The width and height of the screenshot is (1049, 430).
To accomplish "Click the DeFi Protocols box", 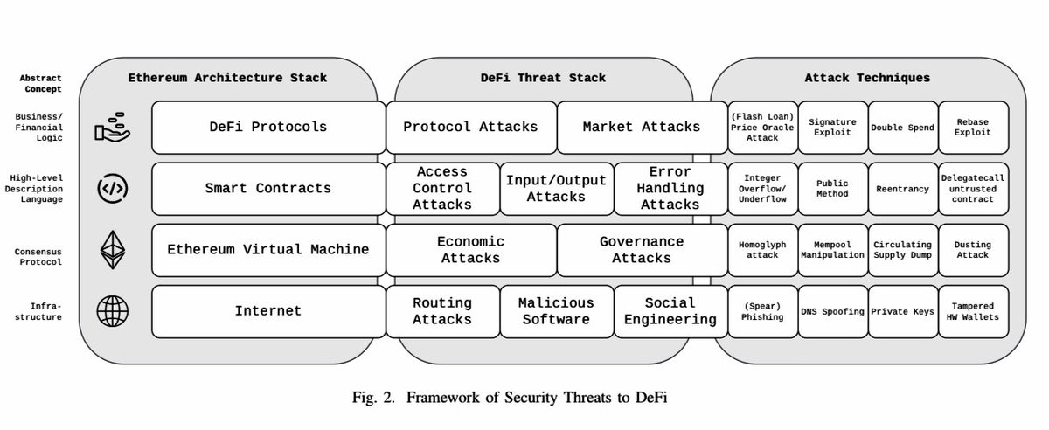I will [x=268, y=127].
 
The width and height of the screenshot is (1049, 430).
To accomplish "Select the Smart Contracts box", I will [x=268, y=188].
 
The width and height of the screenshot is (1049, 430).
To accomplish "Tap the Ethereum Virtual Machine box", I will [x=268, y=249].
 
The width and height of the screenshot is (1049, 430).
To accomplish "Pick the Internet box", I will [x=268, y=310].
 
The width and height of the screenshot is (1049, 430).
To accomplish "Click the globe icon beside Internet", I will [x=113, y=310].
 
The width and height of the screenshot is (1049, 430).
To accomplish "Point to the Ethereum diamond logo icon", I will [x=113, y=249].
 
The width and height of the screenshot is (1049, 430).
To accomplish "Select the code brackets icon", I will [x=113, y=188].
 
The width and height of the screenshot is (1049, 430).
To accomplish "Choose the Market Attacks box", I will [x=641, y=127].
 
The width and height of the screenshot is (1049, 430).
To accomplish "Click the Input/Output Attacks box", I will [x=556, y=188].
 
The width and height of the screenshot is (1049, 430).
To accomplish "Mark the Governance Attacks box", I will [x=641, y=249].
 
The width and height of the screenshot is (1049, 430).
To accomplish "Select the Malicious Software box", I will [x=556, y=311].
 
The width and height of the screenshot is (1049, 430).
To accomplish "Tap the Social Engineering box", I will [x=670, y=311].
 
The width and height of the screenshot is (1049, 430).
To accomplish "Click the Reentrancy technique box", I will [x=902, y=189].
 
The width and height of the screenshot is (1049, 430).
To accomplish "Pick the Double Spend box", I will [x=902, y=128].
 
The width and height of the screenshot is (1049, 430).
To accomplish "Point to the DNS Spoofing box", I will [x=832, y=311].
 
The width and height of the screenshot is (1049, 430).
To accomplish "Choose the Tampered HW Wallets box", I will [x=973, y=311].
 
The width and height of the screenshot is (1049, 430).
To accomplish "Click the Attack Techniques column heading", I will [x=867, y=78].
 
